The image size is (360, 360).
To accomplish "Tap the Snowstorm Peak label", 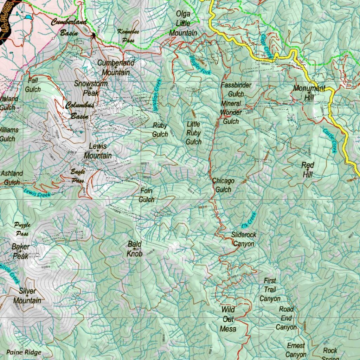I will coord(91,89).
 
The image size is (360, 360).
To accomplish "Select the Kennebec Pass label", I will coord(128,36).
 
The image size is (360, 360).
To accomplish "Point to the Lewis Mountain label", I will coord(98,151).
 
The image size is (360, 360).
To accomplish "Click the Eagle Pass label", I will coord(78,176).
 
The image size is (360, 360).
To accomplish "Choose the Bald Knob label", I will coord(134,249).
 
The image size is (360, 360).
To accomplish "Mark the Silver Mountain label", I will coord(27,296).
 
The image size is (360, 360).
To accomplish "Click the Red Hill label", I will coord(308,170).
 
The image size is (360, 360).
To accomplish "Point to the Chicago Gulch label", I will coord(223,185).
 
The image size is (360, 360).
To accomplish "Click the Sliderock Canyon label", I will coord(244,239).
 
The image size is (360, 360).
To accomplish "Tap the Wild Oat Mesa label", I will coord(228,319).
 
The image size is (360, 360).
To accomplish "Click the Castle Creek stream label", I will coord(330,140).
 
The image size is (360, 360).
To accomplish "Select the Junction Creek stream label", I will coord(157,95).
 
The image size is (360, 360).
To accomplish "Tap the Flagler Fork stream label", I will coord(200,65).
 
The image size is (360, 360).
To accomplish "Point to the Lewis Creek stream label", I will coord(37,193).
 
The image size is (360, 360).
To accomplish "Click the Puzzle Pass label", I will coord(22,229).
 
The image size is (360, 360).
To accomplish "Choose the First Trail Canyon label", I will coord(270,290).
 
